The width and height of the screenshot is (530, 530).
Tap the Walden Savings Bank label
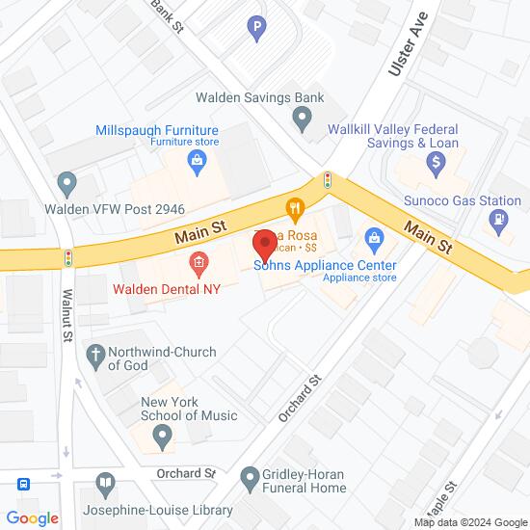pos(260,97)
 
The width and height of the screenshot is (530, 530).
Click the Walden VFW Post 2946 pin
pos(66,181)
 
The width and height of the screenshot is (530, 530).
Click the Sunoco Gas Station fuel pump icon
pos(497,220)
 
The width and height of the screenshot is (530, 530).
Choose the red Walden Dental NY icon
pos(198,261)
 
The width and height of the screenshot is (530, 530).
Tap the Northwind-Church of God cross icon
pos(95,354)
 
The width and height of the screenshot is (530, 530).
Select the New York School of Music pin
pos(163,440)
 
